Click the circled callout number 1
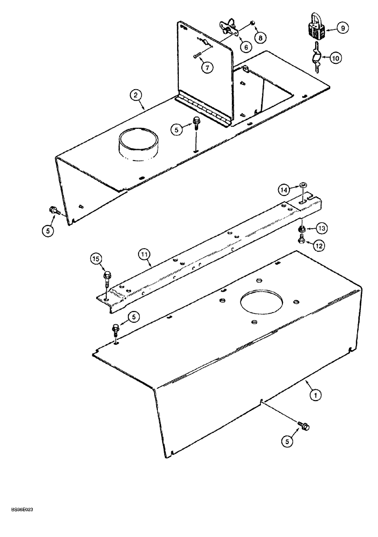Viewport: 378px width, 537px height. (316, 395)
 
